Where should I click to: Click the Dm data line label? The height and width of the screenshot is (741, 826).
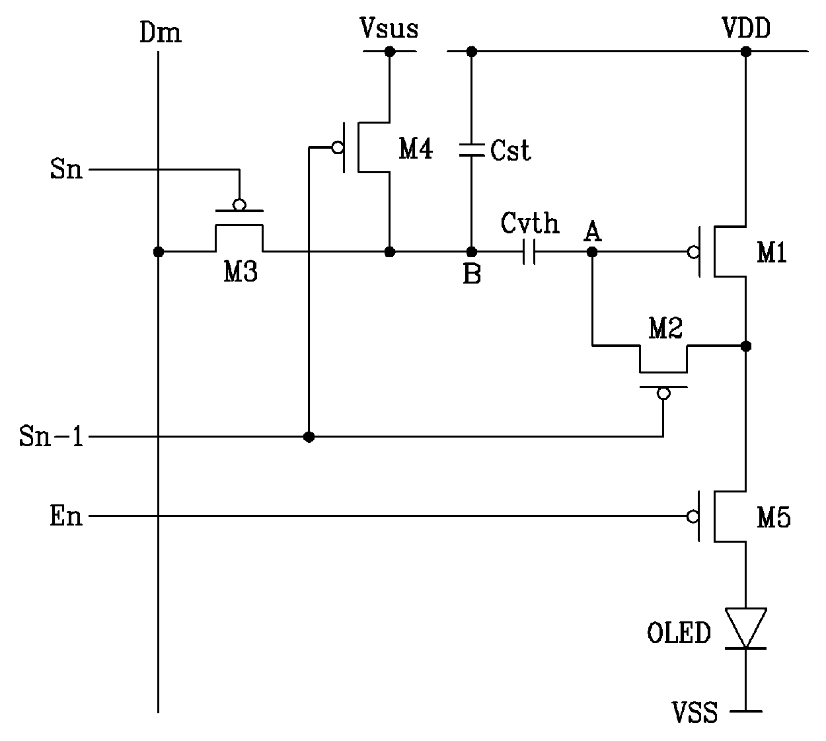[160, 32]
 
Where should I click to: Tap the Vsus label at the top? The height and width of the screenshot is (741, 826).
[389, 28]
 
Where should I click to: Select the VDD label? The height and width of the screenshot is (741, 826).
[746, 28]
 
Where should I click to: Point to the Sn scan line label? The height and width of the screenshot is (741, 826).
[66, 169]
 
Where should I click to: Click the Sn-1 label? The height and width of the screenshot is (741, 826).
[52, 436]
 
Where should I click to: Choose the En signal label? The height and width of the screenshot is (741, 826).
[66, 516]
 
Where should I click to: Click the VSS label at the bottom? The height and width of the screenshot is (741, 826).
[695, 712]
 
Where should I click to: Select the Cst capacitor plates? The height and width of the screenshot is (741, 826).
[472, 149]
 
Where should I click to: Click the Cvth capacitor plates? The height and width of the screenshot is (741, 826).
[529, 252]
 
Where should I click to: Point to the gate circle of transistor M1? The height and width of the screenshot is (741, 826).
[693, 253]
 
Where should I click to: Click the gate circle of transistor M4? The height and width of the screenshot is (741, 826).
[338, 147]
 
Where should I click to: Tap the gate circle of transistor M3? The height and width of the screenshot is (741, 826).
[239, 205]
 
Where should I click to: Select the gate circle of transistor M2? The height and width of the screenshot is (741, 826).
[663, 393]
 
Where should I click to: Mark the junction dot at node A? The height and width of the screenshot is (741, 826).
[592, 253]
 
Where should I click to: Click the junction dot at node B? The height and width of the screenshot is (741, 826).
[472, 252]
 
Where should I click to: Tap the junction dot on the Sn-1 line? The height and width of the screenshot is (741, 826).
[309, 437]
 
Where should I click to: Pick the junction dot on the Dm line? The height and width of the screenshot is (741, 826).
[159, 252]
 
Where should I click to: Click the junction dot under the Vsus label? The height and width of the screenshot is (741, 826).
[390, 52]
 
